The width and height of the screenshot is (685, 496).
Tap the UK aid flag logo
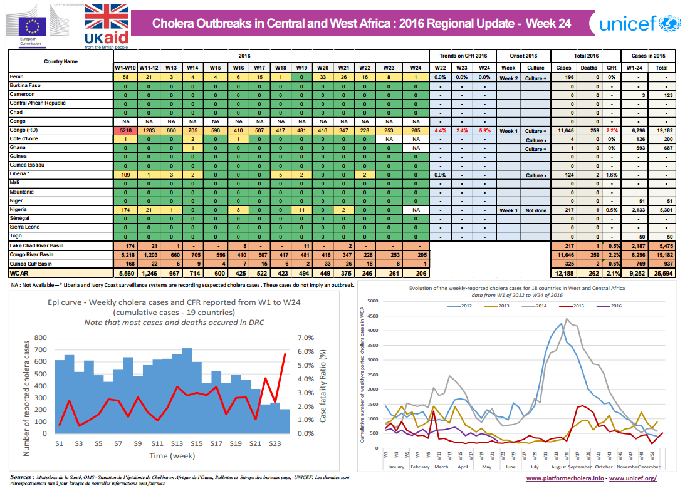pyautogui.click(x=106, y=25)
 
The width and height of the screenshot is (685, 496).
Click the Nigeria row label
pyautogui.click(x=19, y=210)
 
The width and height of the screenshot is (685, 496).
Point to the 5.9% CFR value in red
pyautogui.click(x=483, y=130)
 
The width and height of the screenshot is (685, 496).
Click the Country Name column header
pyautogui.click(x=61, y=62)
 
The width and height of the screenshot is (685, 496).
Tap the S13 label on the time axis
pyautogui.click(x=177, y=443)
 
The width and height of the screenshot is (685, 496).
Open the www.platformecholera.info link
pyautogui.click(x=565, y=479)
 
